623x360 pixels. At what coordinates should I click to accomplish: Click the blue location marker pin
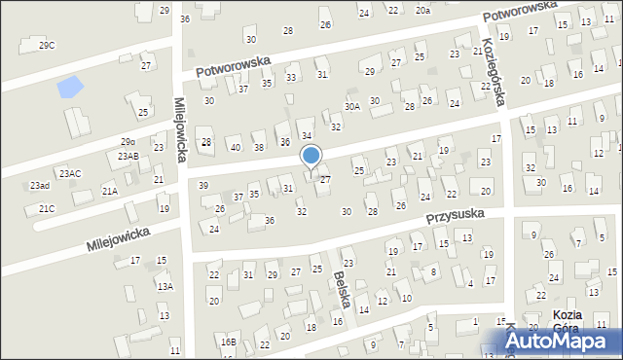[311, 156]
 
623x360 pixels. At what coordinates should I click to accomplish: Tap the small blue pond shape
[70, 88]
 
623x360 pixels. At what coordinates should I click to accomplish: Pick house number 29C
[47, 46]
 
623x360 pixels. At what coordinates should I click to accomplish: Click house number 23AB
[128, 156]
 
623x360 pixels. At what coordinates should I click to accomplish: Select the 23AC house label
[70, 173]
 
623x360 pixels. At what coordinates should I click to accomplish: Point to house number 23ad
[39, 185]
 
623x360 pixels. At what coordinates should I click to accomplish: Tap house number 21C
[46, 208]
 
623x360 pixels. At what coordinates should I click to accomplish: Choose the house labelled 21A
[109, 192]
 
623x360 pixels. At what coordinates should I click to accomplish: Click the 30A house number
[352, 106]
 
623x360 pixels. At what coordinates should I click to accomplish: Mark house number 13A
[165, 286]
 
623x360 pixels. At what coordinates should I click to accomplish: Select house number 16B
[228, 342]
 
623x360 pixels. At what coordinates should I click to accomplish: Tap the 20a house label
[422, 10]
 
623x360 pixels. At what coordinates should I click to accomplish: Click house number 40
[236, 147]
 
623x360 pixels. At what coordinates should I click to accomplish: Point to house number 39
[203, 185]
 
